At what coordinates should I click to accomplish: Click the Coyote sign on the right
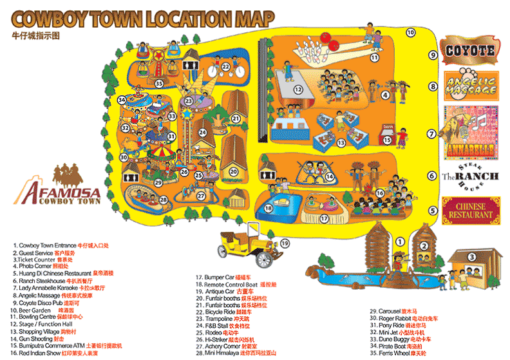tap(469, 50)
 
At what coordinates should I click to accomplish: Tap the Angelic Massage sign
tap(469, 84)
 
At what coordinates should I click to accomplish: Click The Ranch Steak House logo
tap(470, 176)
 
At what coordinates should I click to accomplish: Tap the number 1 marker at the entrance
tap(399, 241)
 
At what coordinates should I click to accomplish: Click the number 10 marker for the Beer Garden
tap(410, 32)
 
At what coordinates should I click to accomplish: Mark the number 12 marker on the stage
tap(297, 89)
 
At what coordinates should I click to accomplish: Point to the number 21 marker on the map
tap(236, 118)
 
